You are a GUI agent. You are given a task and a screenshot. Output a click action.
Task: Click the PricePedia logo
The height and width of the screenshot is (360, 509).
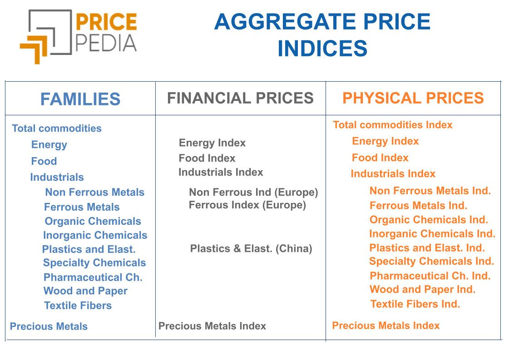[x=78, y=35]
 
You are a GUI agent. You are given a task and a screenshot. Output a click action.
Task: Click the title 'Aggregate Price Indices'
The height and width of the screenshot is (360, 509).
[x=322, y=35]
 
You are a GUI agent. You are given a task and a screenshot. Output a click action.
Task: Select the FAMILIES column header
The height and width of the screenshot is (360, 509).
[x=80, y=99]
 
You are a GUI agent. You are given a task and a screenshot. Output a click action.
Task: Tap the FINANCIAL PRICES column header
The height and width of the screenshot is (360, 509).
[x=240, y=98]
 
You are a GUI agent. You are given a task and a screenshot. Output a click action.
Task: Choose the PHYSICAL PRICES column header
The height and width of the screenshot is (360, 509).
[x=413, y=98]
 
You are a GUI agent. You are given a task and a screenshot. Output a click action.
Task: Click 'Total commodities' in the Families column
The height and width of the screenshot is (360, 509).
[x=57, y=128]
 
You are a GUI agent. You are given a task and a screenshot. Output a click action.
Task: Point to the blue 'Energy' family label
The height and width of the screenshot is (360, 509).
[x=49, y=145]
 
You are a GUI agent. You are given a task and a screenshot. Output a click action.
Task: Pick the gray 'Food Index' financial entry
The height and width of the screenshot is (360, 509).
[x=207, y=158]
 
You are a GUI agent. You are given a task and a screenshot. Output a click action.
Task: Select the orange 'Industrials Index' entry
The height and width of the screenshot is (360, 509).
[x=393, y=174]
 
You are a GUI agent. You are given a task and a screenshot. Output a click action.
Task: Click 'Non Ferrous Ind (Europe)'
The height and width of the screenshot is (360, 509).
[x=253, y=192]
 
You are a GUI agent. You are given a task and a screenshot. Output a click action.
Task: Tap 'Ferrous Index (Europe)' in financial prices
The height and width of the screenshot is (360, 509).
[x=247, y=205]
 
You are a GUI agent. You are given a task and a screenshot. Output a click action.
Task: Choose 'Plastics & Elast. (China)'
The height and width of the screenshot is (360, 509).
[x=251, y=249]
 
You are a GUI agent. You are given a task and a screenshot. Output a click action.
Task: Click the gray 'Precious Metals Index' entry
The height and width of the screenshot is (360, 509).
[x=212, y=326]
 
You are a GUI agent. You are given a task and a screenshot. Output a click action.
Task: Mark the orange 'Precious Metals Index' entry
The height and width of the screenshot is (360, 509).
[x=386, y=325]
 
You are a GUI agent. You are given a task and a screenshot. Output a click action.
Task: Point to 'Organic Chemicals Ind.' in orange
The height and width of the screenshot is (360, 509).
[x=429, y=220]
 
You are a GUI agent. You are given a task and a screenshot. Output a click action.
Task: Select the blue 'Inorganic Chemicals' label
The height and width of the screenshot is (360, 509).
[x=95, y=235]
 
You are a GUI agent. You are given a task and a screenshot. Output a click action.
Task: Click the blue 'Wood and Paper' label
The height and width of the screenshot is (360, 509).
[x=85, y=291]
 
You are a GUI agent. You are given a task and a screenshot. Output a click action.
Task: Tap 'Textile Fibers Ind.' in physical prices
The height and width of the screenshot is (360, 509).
[x=415, y=304]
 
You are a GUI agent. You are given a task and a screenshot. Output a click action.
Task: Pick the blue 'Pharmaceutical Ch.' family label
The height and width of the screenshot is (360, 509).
[x=93, y=277]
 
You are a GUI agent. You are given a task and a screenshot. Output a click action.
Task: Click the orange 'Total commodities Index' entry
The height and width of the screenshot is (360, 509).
[x=393, y=125]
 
